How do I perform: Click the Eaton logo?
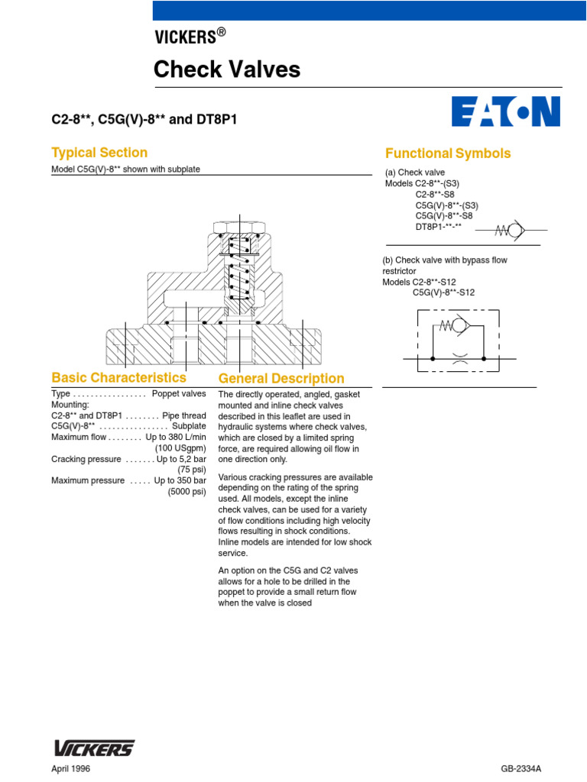(x=505, y=111)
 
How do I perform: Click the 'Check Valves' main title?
(x=227, y=70)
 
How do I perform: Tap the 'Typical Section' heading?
(x=99, y=152)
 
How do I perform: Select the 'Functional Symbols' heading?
(x=448, y=153)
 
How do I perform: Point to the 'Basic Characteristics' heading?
(x=118, y=377)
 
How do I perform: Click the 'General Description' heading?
(x=281, y=379)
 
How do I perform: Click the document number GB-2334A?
(x=526, y=769)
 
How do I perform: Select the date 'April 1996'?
(x=70, y=769)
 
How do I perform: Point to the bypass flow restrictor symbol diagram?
(x=456, y=341)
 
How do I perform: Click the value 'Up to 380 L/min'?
(x=176, y=438)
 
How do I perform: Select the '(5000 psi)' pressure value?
(x=187, y=492)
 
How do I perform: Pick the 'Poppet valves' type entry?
(x=179, y=394)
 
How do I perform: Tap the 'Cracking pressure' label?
(x=86, y=459)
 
